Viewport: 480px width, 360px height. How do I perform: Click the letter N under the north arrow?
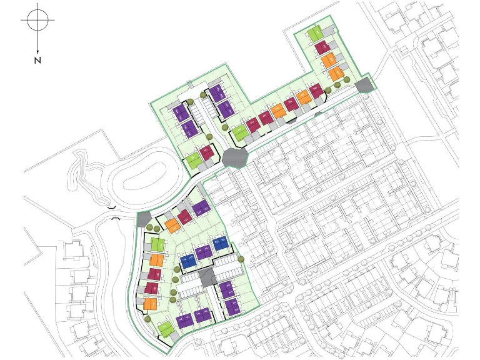coord(37,60)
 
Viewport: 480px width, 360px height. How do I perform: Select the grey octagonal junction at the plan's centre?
coord(234,157)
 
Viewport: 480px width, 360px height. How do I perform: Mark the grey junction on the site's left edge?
coord(144,219)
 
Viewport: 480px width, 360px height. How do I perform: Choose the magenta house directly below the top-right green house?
coord(322,47)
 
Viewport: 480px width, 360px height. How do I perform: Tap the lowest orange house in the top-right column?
coord(336,74)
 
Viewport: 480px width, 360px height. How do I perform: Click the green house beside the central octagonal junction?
coord(194,160)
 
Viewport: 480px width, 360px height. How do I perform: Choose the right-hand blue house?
coord(219,244)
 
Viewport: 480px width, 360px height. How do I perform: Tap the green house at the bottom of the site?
coord(166,327)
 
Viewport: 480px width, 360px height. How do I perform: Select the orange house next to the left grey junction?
coord(172,225)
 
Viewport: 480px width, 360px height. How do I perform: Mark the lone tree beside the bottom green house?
coord(148,319)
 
